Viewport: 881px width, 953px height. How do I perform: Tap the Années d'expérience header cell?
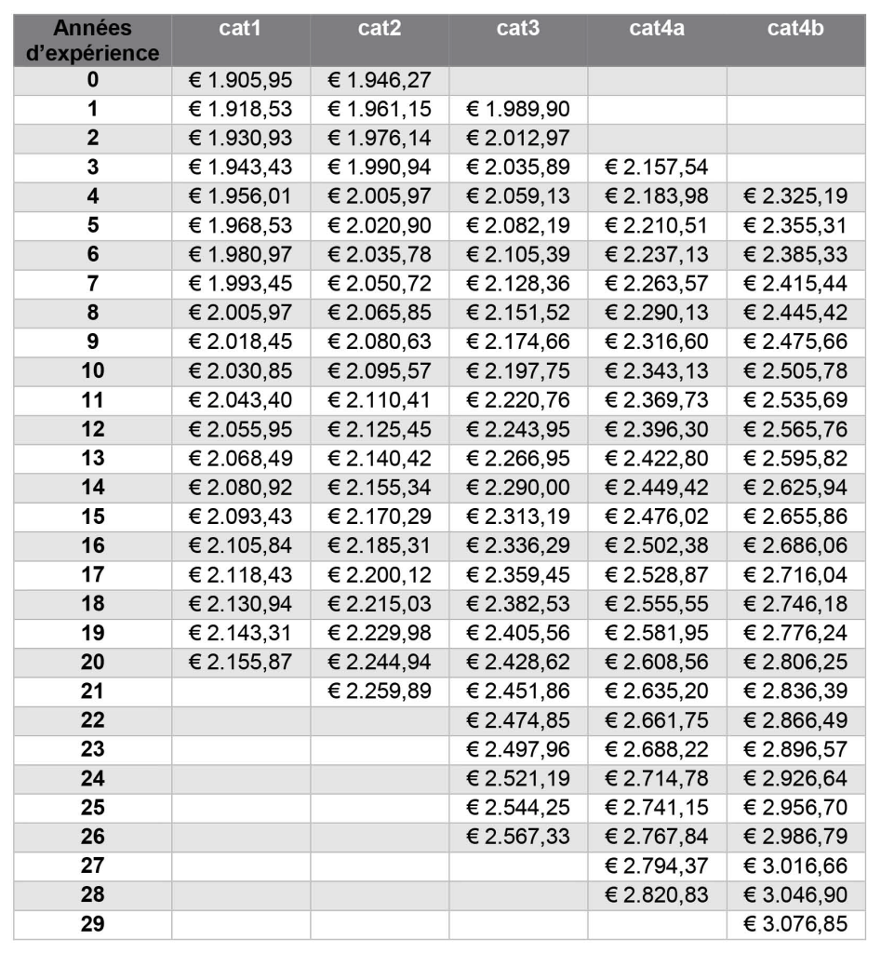tap(92, 41)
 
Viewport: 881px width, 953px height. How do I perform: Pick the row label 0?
tap(92, 80)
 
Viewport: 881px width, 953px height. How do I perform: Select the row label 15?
tap(92, 516)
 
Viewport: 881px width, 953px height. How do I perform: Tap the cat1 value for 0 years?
tap(241, 80)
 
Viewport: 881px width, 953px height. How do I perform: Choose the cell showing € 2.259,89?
tap(380, 691)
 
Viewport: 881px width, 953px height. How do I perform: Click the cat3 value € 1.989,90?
tap(518, 110)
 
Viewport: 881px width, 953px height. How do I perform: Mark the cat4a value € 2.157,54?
tap(657, 168)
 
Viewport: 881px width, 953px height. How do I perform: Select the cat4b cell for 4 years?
tap(795, 196)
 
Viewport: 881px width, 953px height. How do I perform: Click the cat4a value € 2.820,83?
tap(657, 893)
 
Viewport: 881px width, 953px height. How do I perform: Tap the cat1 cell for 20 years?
tap(241, 661)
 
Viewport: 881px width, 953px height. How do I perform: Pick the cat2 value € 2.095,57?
tap(380, 370)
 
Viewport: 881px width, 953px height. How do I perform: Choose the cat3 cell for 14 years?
tap(518, 487)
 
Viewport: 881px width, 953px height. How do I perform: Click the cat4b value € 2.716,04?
tap(795, 574)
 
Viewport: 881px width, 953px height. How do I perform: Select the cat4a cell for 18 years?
tap(657, 603)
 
